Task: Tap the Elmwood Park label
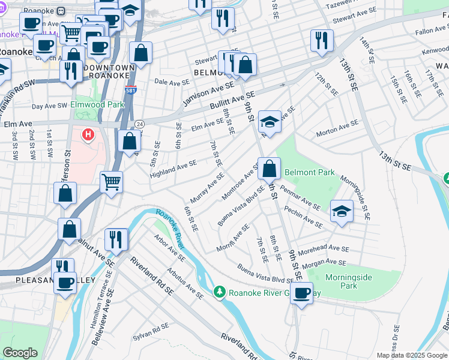pyautogui.click(x=97, y=104)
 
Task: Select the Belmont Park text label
pyautogui.click(x=309, y=172)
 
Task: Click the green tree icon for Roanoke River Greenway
pyautogui.click(x=220, y=292)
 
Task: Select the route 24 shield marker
pyautogui.click(x=139, y=124)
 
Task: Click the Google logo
pyautogui.click(x=20, y=353)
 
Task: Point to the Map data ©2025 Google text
pyautogui.click(x=412, y=355)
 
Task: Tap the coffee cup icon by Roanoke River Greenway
pyautogui.click(x=303, y=292)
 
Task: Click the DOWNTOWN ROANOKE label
pyautogui.click(x=110, y=71)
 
